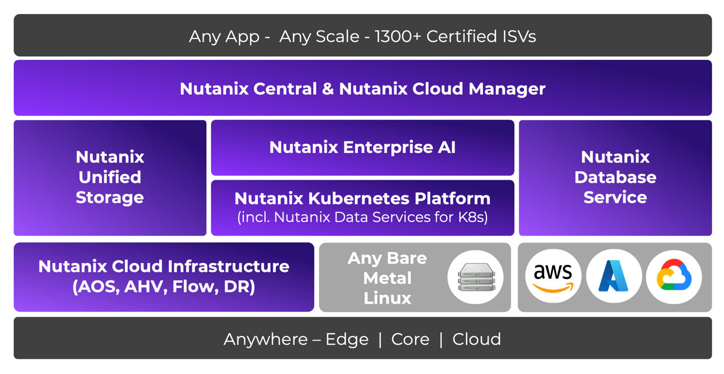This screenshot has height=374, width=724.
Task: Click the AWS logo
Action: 553,277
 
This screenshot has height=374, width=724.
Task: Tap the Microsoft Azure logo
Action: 614,277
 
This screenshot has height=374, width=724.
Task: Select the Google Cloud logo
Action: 674,277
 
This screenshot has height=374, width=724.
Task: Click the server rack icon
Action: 475,277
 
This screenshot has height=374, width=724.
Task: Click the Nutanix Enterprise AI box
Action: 362,147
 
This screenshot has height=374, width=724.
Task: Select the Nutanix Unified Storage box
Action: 110,177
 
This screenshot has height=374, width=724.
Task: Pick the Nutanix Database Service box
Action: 615,177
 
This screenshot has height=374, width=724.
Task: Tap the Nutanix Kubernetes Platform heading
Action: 362,198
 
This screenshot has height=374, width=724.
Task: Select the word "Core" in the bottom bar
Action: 410,339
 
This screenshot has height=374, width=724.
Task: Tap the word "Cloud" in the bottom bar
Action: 476,339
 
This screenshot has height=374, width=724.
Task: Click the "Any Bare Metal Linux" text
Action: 387,278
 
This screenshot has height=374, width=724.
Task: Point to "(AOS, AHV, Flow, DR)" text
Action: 163,287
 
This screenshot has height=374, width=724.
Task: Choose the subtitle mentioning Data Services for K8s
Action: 362,217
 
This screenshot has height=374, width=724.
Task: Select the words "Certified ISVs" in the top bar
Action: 481,36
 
